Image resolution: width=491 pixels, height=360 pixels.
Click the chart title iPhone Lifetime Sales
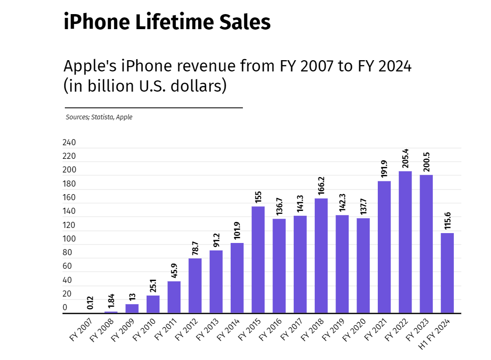tap(167, 22)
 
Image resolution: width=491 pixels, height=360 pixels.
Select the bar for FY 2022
tap(405, 242)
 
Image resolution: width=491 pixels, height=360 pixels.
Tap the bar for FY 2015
tap(258, 259)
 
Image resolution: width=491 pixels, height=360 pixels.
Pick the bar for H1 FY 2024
tap(447, 273)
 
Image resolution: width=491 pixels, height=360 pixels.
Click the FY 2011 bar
tap(174, 297)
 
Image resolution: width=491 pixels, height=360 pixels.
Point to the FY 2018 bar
tap(321, 256)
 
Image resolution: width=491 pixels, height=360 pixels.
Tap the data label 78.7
tap(195, 247)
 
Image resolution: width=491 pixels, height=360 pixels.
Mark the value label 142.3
tap(342, 203)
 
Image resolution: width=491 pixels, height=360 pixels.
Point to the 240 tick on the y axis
tap(69, 143)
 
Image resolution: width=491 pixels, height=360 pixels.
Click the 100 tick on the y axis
tap(69, 239)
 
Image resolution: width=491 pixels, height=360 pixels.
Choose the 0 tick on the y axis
tap(65, 308)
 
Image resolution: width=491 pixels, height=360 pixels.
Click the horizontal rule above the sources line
tap(154, 108)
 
